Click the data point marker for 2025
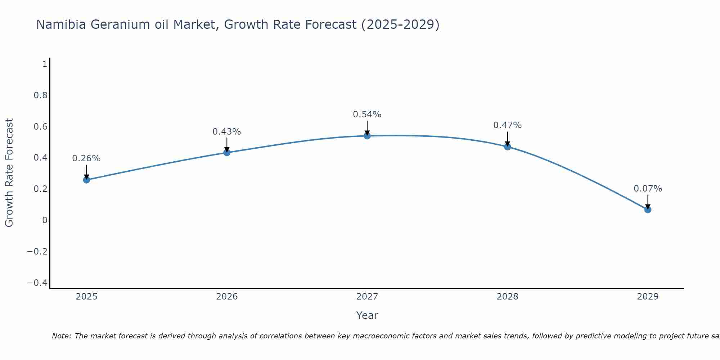point(86,180)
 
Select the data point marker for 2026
point(227,153)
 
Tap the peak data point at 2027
point(367,136)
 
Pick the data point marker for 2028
point(508,147)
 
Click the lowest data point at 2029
point(648,210)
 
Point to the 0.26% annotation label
point(86,158)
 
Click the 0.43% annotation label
point(227,132)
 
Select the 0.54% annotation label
point(367,114)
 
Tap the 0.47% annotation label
point(508,125)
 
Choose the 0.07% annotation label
point(648,189)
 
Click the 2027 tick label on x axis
point(367,297)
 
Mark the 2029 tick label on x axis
point(648,297)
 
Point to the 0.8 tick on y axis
point(40,95)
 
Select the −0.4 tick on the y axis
point(37,283)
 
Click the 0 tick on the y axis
point(45,220)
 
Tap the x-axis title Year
point(367,315)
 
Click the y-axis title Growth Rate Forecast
point(9,173)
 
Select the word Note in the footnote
point(61,336)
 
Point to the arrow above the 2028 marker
point(508,138)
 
